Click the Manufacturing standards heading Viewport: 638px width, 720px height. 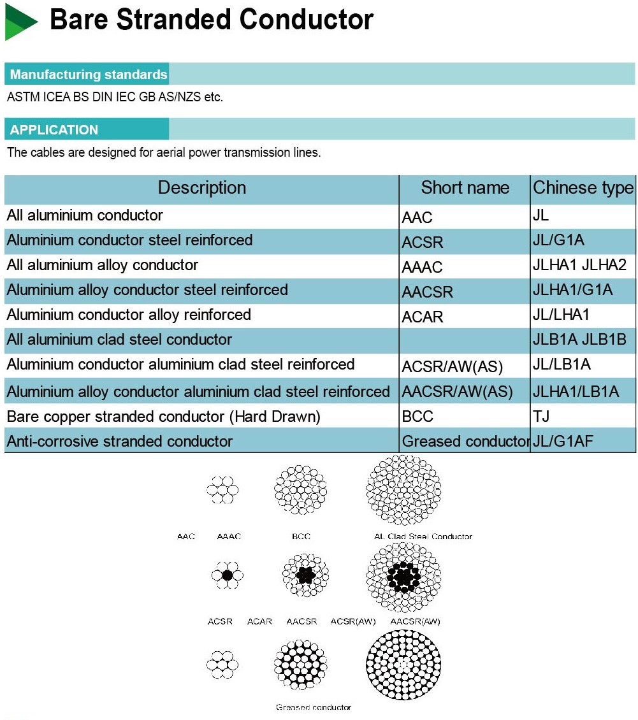[88, 75]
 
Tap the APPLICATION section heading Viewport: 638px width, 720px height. [54, 130]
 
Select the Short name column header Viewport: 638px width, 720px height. [465, 188]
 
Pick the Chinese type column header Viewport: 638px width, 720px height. [583, 188]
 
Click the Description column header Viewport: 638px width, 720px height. [201, 188]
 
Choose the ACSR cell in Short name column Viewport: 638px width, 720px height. [423, 243]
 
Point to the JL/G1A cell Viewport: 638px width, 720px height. [558, 240]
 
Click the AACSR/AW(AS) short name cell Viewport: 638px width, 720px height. [457, 392]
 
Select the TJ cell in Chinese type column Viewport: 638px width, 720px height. [541, 417]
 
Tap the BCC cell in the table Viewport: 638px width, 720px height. [417, 417]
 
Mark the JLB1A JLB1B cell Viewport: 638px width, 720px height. [579, 340]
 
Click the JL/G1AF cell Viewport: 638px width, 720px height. [563, 441]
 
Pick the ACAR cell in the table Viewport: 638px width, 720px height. [423, 317]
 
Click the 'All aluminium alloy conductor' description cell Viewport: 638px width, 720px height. [103, 265]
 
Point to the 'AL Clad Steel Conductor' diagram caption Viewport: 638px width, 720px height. [423, 536]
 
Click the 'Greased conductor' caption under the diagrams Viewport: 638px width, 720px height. [313, 707]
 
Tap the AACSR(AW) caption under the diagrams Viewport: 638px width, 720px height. [415, 621]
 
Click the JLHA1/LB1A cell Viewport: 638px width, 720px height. [576, 392]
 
